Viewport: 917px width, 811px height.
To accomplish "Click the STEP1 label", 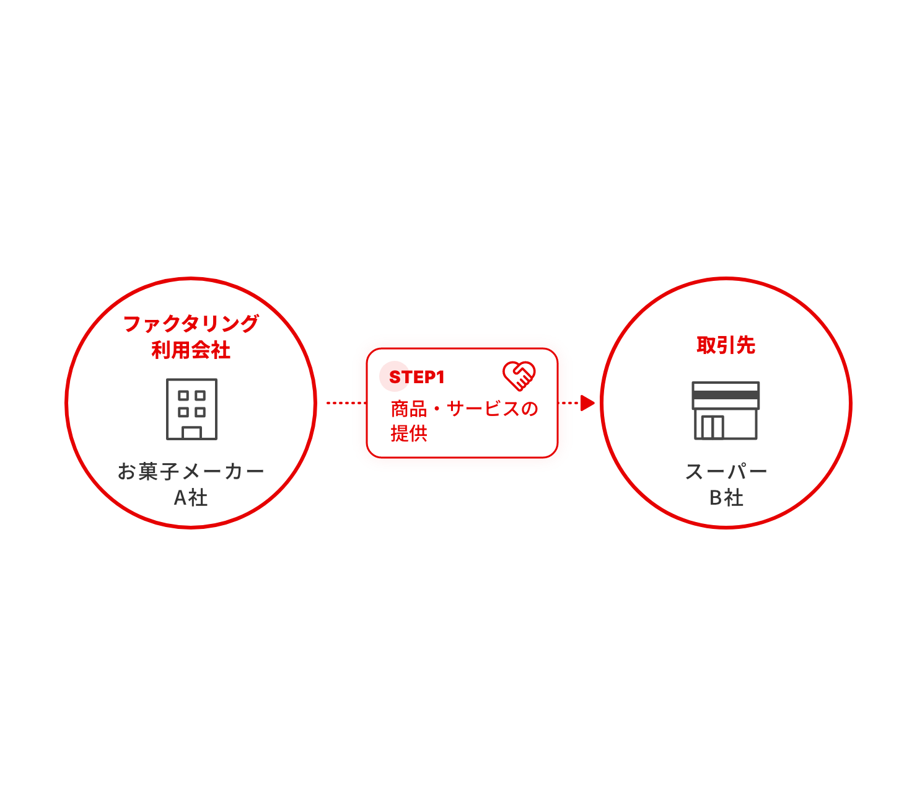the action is (416, 377).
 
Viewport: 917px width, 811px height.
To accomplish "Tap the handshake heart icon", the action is (519, 376).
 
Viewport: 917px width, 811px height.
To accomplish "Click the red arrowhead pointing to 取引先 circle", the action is (587, 403).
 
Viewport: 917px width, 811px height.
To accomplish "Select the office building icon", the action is (191, 409).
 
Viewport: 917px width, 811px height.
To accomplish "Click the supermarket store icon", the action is (726, 410).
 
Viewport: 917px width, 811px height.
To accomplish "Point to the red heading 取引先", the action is (726, 345).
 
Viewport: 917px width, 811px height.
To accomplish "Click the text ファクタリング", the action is (191, 324).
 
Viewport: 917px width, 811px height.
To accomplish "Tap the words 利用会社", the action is (191, 350).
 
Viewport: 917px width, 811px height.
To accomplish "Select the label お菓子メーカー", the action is (191, 471).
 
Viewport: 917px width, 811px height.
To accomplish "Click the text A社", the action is (191, 497).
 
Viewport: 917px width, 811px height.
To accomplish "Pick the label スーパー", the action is (726, 471).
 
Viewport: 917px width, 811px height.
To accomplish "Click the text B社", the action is (726, 497).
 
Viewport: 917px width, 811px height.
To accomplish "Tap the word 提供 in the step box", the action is (409, 433).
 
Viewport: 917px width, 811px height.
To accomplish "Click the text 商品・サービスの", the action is (464, 409).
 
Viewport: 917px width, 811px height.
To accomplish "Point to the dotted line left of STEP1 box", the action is (346, 403).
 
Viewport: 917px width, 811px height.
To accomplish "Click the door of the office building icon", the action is (191, 433).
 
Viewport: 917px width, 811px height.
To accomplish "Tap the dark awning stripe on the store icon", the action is (726, 395).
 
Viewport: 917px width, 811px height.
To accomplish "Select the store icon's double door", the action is (713, 427).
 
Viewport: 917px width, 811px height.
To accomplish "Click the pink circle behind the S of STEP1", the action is (394, 376).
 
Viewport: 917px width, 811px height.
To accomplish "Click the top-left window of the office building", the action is (183, 396).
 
